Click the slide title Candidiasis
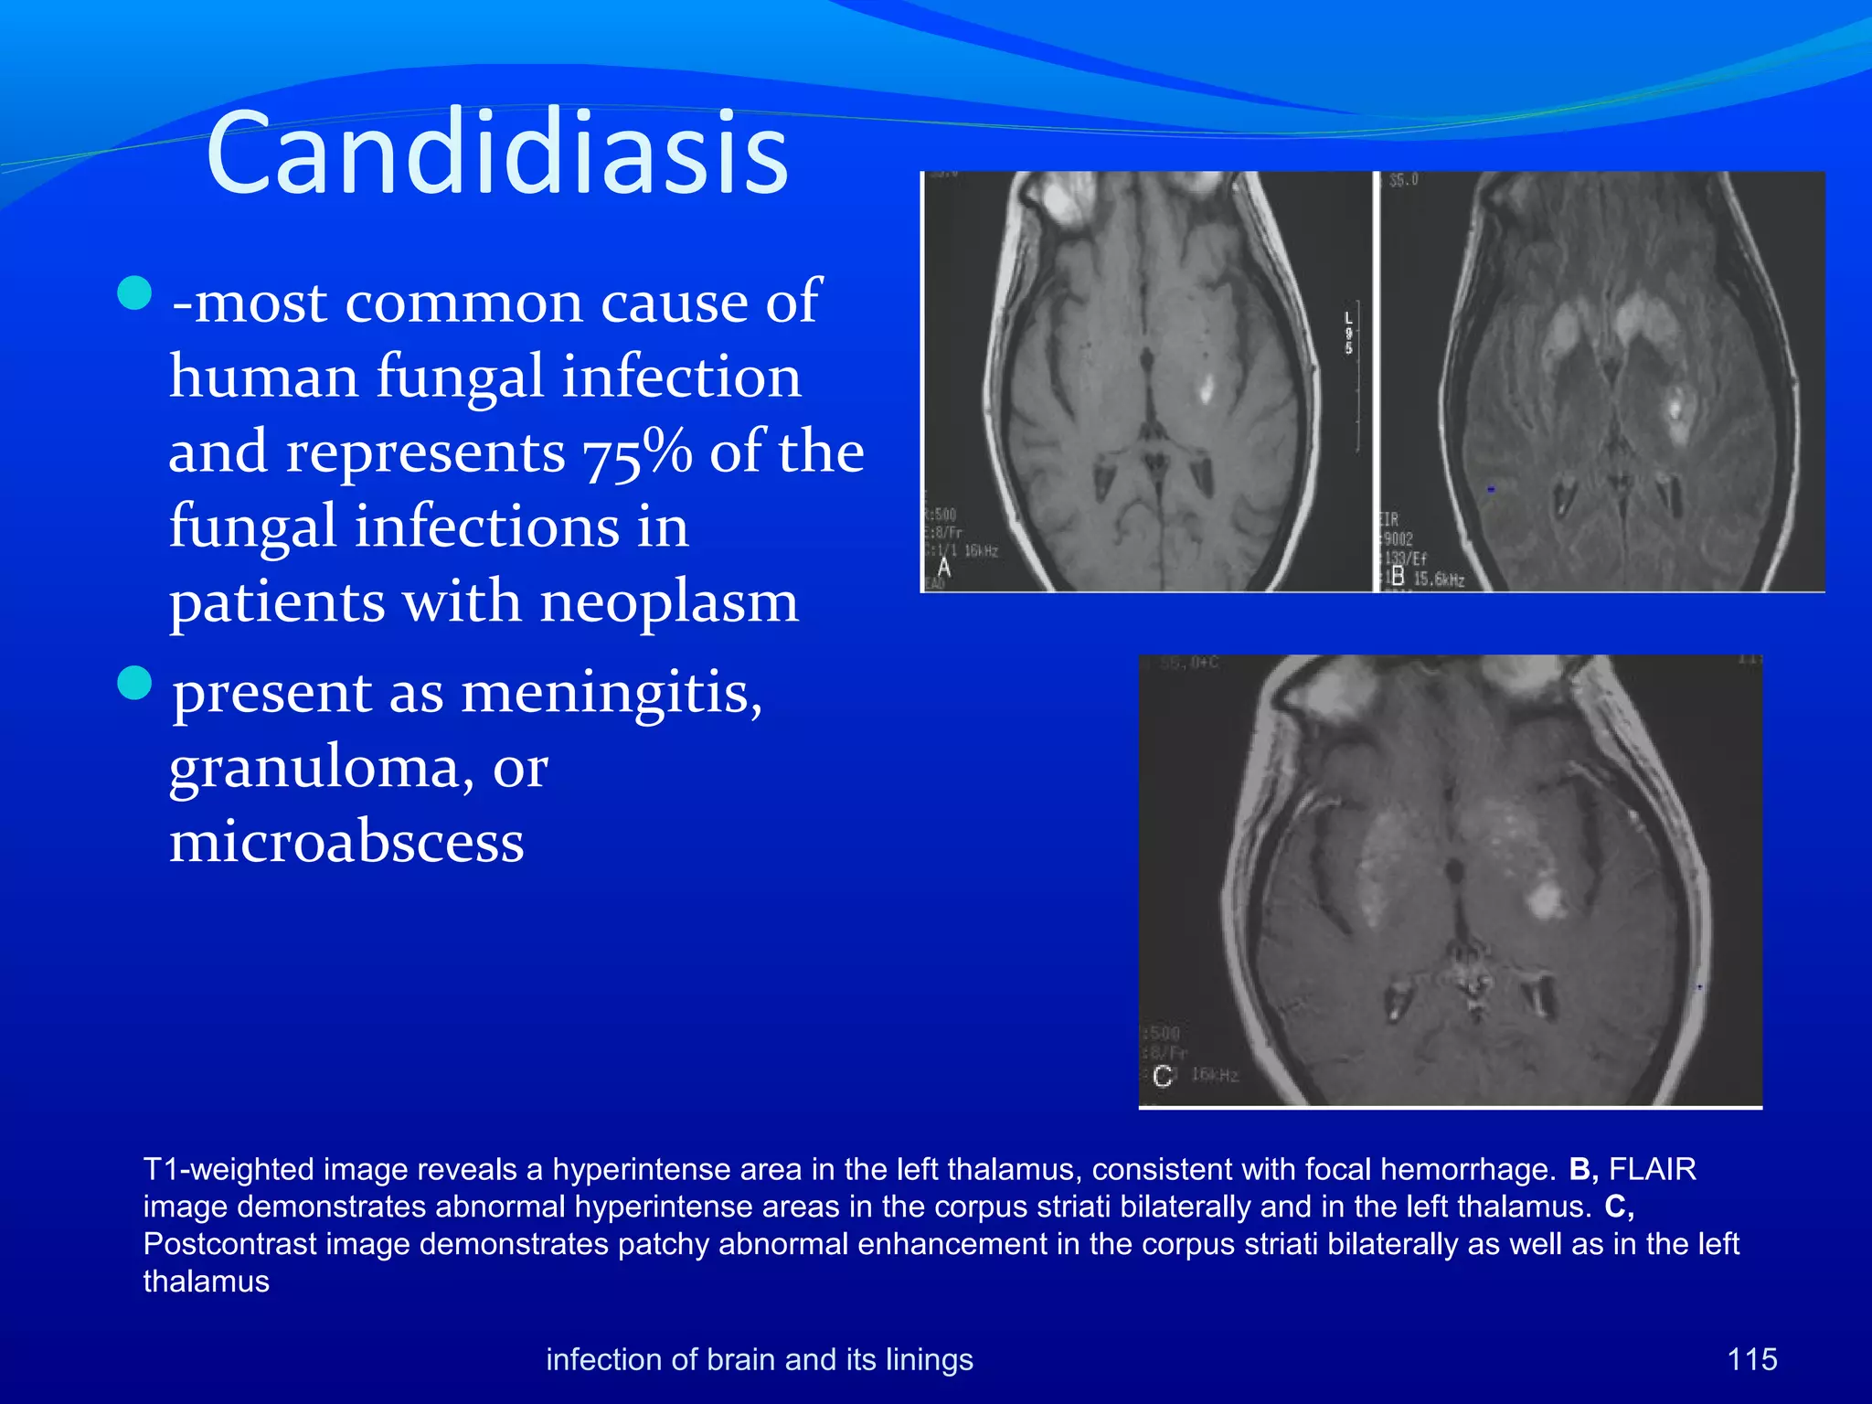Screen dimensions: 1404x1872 click(x=497, y=154)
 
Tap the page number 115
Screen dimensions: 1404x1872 click(x=1751, y=1359)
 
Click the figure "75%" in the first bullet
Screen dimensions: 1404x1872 click(x=637, y=452)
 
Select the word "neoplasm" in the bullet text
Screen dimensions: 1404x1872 click(x=669, y=602)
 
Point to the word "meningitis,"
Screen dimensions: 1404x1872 click(x=612, y=692)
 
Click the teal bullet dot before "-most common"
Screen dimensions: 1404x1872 click(x=135, y=293)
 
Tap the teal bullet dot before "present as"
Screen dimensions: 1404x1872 click(x=135, y=683)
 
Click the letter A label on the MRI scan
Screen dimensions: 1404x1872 click(x=944, y=568)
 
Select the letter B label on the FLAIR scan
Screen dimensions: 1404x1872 click(x=1397, y=576)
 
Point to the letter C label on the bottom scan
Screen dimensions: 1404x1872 click(x=1162, y=1076)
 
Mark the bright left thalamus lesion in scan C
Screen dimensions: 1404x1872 click(x=1545, y=900)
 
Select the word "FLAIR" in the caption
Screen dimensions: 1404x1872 click(x=1652, y=1169)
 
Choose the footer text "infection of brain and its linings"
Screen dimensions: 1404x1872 click(x=760, y=1359)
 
